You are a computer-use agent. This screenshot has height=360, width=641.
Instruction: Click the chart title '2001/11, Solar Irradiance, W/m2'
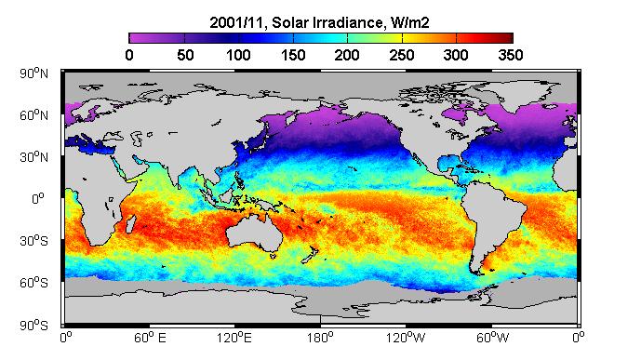click(x=319, y=22)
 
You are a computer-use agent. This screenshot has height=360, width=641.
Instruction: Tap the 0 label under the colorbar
click(x=129, y=55)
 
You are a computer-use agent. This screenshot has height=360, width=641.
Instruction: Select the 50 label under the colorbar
click(x=185, y=55)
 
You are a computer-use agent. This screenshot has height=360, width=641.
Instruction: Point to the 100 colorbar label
click(x=238, y=55)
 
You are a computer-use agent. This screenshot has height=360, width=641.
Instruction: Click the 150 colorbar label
click(x=293, y=55)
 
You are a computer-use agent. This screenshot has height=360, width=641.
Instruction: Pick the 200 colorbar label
click(x=347, y=55)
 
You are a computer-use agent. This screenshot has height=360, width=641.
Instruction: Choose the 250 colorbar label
click(x=402, y=55)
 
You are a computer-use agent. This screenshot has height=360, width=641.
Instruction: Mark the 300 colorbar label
click(x=456, y=55)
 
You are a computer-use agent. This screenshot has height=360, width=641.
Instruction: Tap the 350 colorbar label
click(x=511, y=55)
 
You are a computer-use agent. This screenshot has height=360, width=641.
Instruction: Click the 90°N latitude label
click(x=33, y=73)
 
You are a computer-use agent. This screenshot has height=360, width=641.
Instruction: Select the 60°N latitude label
click(x=33, y=115)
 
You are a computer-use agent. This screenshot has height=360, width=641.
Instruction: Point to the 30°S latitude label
click(x=33, y=241)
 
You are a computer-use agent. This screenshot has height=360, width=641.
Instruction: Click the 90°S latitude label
click(x=33, y=326)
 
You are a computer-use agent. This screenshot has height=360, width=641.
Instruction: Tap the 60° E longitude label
click(x=150, y=338)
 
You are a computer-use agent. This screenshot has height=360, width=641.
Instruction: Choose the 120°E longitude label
click(x=234, y=338)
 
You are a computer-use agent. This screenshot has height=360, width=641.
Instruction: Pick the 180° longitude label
click(x=321, y=338)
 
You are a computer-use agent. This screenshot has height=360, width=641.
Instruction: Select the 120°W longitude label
click(x=406, y=338)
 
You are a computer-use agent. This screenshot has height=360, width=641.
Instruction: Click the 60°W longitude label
click(x=492, y=338)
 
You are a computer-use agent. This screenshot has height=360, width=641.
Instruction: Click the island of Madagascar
click(x=131, y=224)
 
